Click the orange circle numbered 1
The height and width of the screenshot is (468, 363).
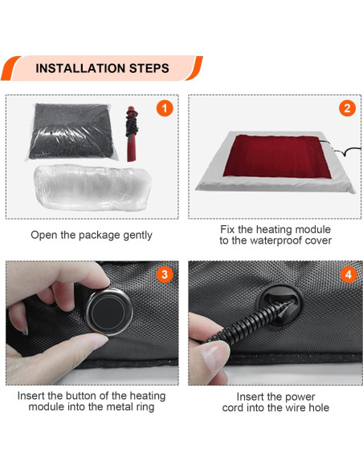[165, 108]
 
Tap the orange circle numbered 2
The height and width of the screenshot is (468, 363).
[347, 108]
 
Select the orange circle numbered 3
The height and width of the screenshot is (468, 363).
[165, 274]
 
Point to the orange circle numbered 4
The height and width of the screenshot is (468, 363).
[347, 274]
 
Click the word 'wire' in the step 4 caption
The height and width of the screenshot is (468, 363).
[285, 408]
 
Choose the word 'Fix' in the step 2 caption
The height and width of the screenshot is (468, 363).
[228, 229]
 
